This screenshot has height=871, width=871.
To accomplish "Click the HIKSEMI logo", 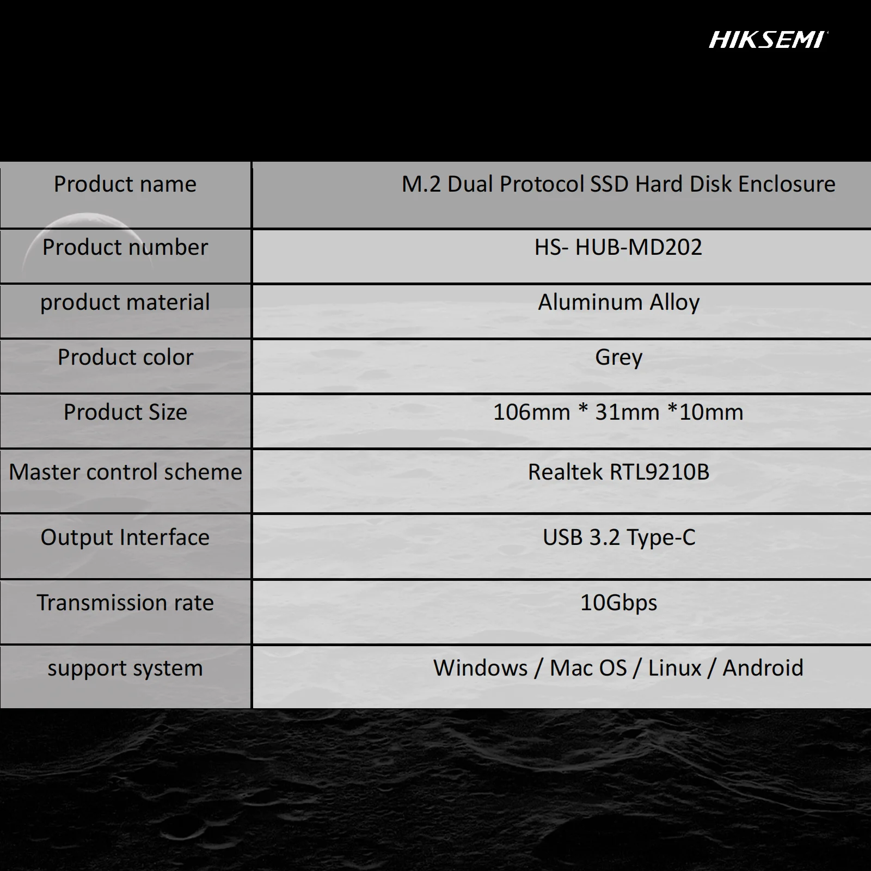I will (x=768, y=40).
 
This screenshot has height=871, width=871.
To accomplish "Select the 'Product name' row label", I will (x=125, y=184).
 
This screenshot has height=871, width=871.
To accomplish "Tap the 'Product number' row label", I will (x=125, y=247).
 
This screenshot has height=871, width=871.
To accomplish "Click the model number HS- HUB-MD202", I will (x=618, y=247).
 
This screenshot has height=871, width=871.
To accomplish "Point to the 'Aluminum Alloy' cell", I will (x=618, y=302).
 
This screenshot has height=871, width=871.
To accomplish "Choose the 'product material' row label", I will (x=125, y=302).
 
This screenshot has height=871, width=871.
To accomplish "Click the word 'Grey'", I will (x=618, y=358).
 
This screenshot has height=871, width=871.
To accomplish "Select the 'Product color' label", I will (x=125, y=357).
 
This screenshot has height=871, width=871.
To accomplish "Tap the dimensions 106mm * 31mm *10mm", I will (x=618, y=412).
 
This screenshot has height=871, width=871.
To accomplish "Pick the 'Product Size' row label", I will (x=125, y=412).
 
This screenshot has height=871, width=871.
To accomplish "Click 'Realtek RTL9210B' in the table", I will (x=618, y=472).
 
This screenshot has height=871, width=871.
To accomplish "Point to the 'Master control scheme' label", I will (x=125, y=472).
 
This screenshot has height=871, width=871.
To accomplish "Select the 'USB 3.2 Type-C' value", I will (x=618, y=537).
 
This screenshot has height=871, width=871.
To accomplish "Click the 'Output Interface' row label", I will (x=125, y=537).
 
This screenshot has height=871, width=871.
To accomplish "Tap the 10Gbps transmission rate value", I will (x=618, y=603).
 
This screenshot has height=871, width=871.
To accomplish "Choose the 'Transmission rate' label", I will (x=125, y=603).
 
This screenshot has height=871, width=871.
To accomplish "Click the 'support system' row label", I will (x=125, y=668).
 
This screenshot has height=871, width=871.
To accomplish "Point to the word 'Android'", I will (x=763, y=668).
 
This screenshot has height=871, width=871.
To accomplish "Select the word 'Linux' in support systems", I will (x=674, y=668).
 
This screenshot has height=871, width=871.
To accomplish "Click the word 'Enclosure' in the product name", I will (x=787, y=184).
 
